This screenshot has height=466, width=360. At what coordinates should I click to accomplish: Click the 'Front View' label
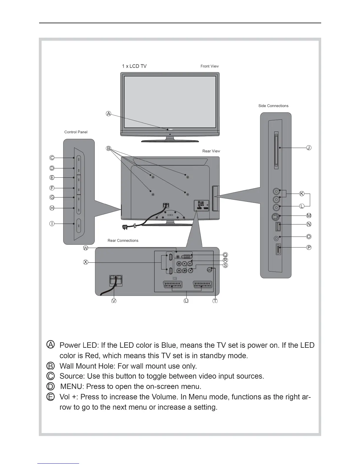209,66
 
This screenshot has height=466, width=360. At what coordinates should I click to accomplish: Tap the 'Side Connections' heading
273,106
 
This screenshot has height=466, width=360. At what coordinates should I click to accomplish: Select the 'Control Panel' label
76,132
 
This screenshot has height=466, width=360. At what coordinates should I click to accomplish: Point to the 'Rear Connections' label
123,241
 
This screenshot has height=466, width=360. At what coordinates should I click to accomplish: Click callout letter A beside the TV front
109,114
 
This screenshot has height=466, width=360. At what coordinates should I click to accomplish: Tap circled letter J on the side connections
309,148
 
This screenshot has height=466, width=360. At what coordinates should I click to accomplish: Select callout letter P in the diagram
309,247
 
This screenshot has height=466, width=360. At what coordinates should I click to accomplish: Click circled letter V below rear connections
114,301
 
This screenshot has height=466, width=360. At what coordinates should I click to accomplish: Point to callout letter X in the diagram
86,262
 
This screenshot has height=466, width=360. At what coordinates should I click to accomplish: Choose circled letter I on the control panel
52,224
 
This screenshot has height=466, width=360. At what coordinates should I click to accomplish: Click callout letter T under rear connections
215,301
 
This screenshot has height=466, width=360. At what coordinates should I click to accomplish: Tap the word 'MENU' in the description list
72,387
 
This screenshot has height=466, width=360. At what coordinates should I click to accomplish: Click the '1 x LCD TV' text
134,66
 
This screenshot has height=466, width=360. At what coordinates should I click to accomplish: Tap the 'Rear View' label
211,151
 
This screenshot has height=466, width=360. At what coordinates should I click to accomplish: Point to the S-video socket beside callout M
275,217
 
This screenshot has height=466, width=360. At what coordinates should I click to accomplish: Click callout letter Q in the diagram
225,255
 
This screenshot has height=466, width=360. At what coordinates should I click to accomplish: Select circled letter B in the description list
51,366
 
